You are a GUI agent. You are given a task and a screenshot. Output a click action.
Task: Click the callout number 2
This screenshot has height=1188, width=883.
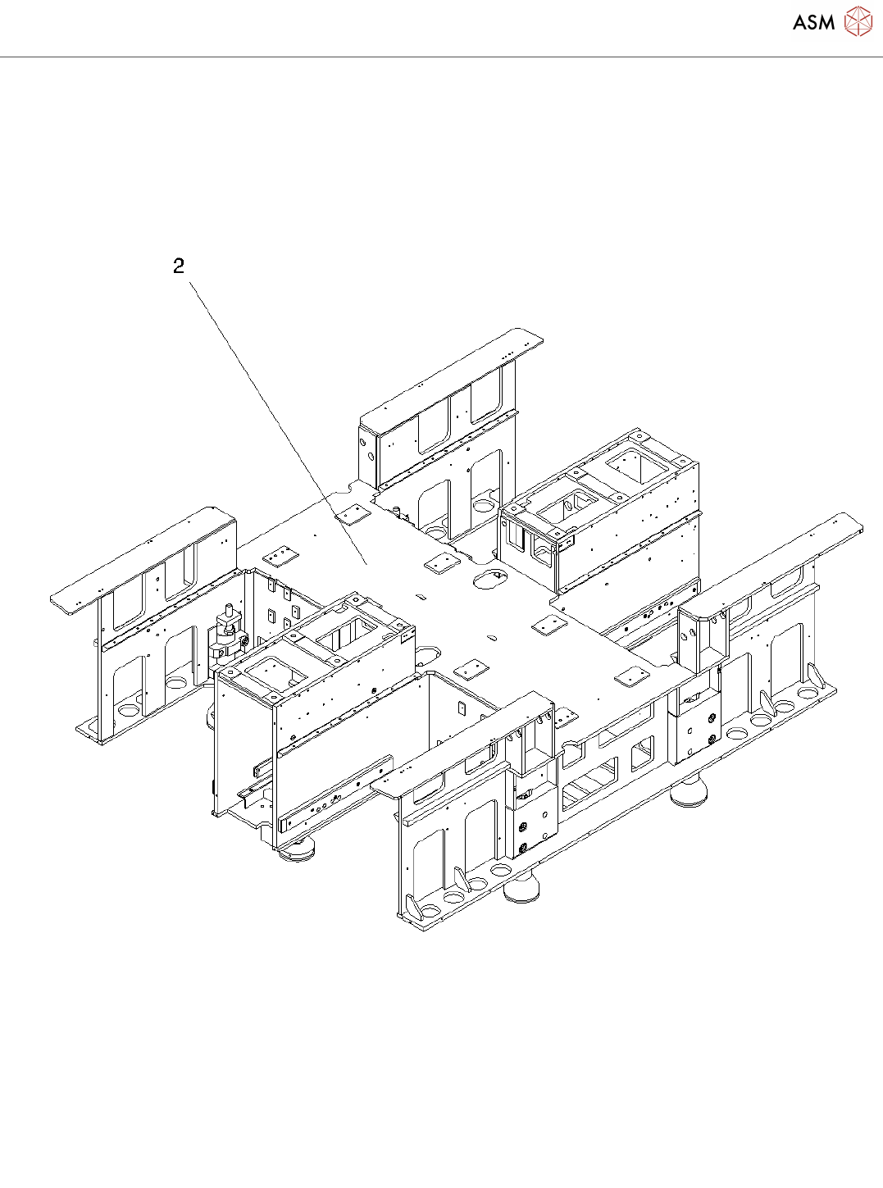coord(179,266)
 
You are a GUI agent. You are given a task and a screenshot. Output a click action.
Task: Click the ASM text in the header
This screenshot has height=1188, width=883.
coord(813,23)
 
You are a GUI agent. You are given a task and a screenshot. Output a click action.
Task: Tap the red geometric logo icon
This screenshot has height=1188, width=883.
coord(858,22)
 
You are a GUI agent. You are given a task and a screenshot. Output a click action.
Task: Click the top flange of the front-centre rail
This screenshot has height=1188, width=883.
coord(459,747)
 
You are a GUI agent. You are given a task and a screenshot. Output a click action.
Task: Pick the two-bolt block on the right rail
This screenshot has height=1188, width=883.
coord(697,733)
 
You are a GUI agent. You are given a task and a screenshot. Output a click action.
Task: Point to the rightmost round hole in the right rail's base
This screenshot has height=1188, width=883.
coord(808,694)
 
